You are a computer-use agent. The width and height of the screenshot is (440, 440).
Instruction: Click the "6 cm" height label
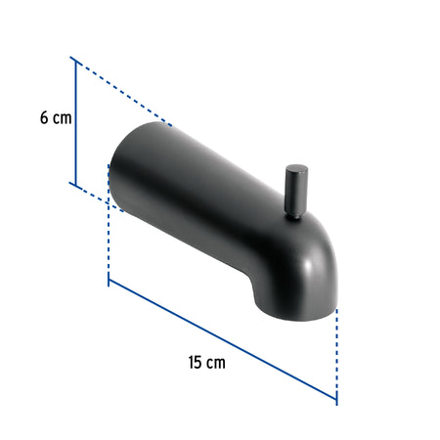click(x=56, y=117)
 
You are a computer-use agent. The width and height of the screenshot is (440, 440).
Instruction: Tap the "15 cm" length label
click(x=206, y=362)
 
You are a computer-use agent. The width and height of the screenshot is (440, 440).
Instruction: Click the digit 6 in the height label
click(x=44, y=117)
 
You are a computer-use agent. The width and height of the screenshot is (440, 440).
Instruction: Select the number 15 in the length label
click(x=195, y=362)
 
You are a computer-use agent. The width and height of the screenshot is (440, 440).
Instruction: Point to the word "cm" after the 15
click(x=216, y=362)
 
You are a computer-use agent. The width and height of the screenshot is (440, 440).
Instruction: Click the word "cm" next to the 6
click(x=63, y=117)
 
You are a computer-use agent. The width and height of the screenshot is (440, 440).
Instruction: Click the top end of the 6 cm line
click(x=74, y=60)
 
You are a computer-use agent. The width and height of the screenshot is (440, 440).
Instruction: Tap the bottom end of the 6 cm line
click(x=74, y=183)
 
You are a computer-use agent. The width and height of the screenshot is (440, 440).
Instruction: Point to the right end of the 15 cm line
click(x=336, y=401)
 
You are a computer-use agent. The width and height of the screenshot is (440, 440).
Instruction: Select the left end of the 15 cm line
click(x=109, y=281)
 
